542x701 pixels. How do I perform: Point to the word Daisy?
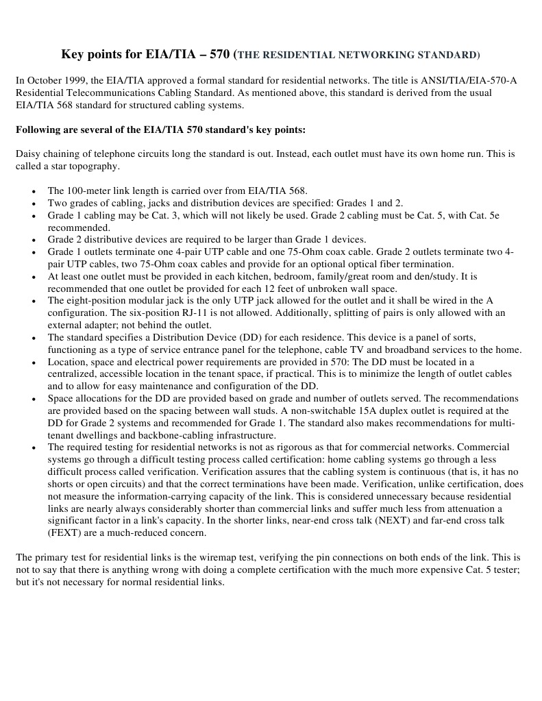tap(29, 154)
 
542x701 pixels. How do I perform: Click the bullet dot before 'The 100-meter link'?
tap(34, 191)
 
